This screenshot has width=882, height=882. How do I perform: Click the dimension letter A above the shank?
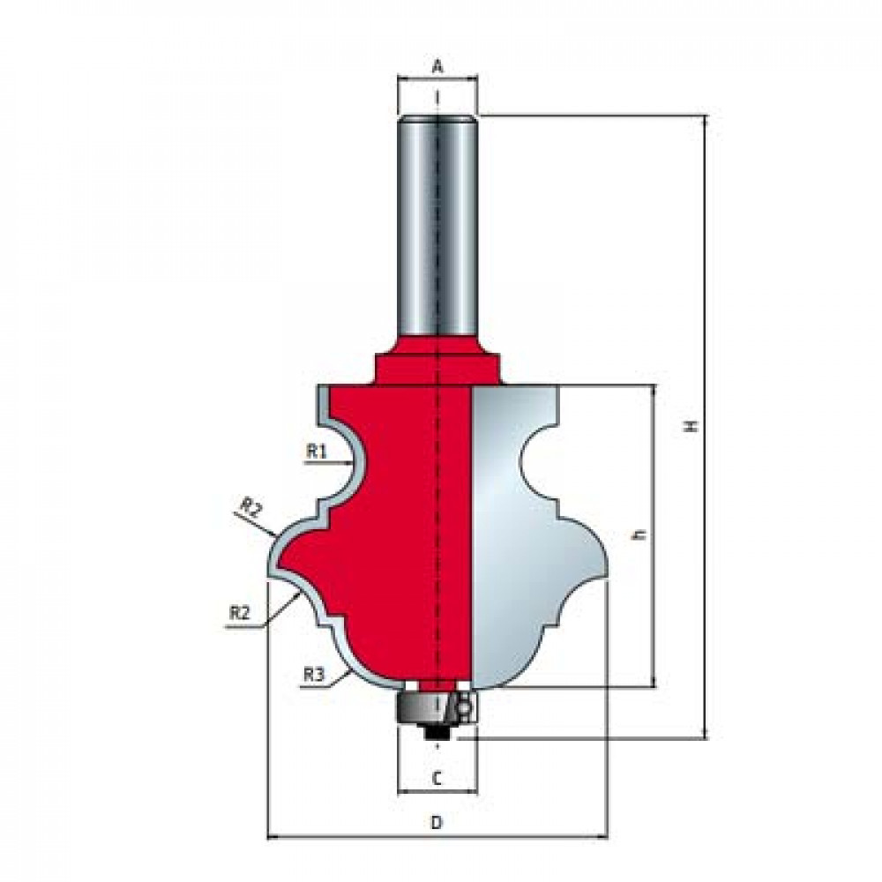pyautogui.click(x=437, y=67)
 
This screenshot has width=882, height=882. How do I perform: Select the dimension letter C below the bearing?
pyautogui.click(x=437, y=779)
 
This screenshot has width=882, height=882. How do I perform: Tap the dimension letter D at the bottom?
pyautogui.click(x=437, y=822)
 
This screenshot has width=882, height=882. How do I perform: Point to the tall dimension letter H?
pyautogui.click(x=691, y=426)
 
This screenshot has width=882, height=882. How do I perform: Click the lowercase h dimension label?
pyautogui.click(x=639, y=535)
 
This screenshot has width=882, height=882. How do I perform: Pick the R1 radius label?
pyautogui.click(x=316, y=451)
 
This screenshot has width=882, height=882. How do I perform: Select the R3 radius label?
pyautogui.click(x=314, y=675)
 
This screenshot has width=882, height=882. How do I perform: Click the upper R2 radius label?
pyautogui.click(x=250, y=508)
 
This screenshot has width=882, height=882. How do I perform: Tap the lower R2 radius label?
pyautogui.click(x=239, y=613)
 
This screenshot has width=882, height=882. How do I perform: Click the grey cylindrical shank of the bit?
pyautogui.click(x=437, y=225)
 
